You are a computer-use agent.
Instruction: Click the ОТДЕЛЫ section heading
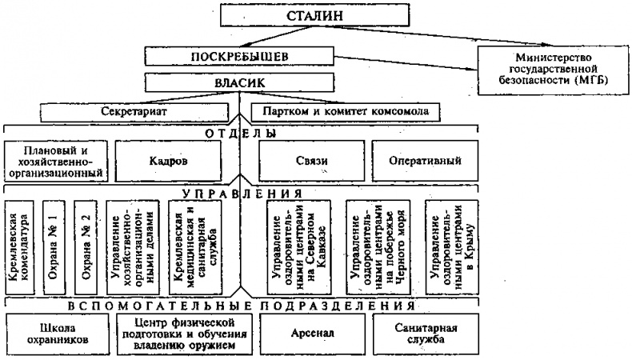click(x=239, y=133)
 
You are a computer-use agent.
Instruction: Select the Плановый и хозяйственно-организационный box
click(x=55, y=161)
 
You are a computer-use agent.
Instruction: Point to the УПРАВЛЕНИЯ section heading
click(x=239, y=194)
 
